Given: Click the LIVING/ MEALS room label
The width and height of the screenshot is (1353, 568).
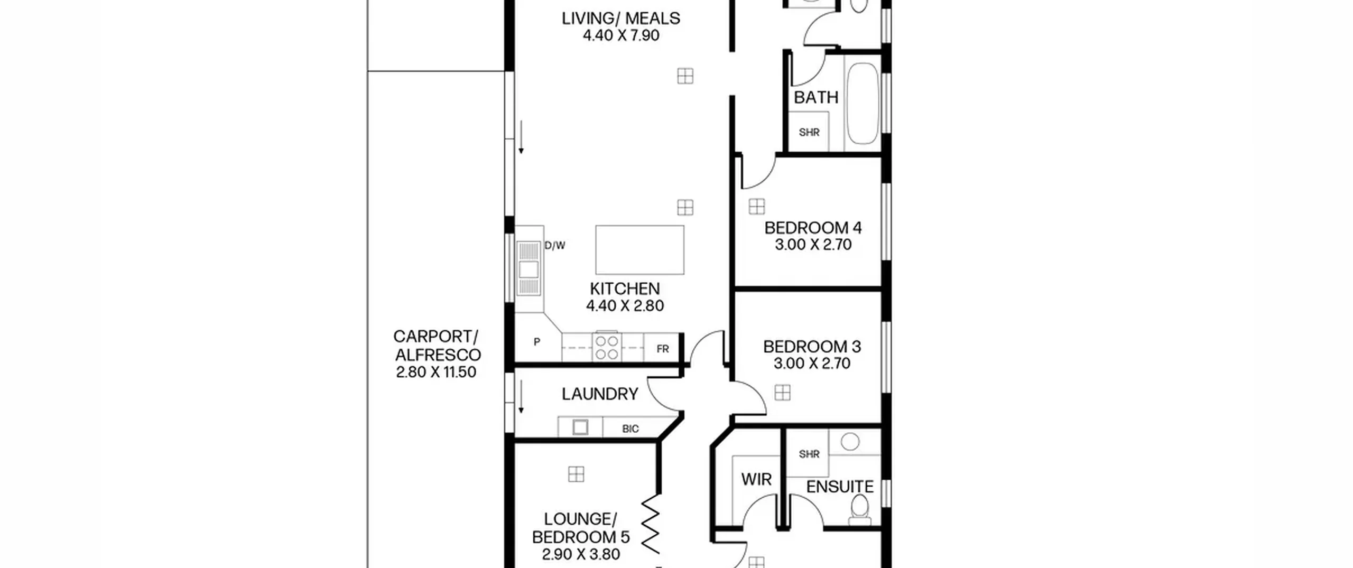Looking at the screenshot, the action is (x=620, y=18).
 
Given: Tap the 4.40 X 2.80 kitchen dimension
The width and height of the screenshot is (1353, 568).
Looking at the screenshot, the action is (x=625, y=306).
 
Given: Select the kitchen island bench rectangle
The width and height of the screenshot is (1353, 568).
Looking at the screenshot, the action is (x=640, y=250).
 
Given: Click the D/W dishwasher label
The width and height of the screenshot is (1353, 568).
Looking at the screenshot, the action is (x=555, y=245).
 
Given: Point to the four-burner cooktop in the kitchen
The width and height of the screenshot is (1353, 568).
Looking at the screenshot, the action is (x=606, y=347).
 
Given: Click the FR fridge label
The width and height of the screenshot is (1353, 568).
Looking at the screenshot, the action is (x=663, y=349).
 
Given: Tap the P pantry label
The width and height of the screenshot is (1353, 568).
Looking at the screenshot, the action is (x=537, y=342).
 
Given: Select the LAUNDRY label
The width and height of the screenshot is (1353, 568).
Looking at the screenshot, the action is (x=600, y=394).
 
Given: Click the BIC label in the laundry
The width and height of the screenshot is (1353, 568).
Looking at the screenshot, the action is (x=631, y=429).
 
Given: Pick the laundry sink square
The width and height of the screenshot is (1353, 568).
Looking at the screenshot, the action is (x=580, y=427).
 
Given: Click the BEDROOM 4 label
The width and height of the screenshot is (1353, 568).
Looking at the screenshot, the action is (x=813, y=228).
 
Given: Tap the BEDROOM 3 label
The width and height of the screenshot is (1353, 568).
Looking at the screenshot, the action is (x=812, y=347).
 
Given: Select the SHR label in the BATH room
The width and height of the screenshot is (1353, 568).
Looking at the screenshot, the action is (x=809, y=133).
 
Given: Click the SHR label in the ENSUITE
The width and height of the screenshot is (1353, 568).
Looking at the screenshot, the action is (x=809, y=454).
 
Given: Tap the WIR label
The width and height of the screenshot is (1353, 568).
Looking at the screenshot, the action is (x=756, y=480).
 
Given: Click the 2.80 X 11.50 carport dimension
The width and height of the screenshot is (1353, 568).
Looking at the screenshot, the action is (x=436, y=373).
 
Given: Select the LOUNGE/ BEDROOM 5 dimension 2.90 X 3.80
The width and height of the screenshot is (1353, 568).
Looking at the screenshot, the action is (x=581, y=555).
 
